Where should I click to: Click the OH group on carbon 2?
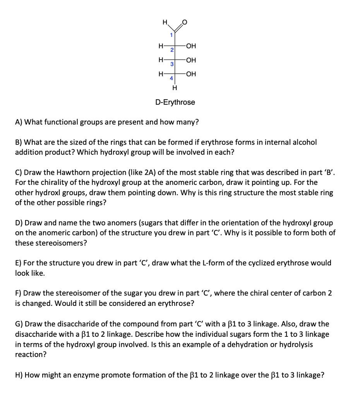tap(191, 46)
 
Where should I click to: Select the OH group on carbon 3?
tap(191, 60)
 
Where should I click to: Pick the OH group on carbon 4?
tap(191, 74)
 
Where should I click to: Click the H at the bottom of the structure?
tap(175, 88)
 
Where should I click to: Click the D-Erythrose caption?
tap(175, 102)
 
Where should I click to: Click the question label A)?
tap(19, 122)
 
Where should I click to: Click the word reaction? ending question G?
tap(30, 354)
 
